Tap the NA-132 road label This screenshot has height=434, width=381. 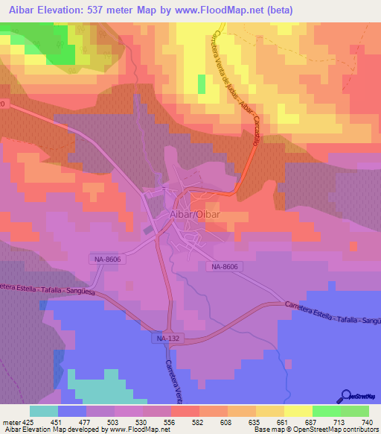(x=167, y=339)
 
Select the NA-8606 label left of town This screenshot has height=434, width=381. (x=108, y=259)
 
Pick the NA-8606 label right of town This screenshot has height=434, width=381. (x=224, y=266)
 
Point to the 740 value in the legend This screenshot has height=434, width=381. (x=366, y=421)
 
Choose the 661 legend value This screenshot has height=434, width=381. (x=283, y=421)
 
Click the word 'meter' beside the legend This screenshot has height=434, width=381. (x=13, y=421)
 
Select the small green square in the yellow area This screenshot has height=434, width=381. (x=201, y=84)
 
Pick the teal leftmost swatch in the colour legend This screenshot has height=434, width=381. (x=44, y=411)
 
